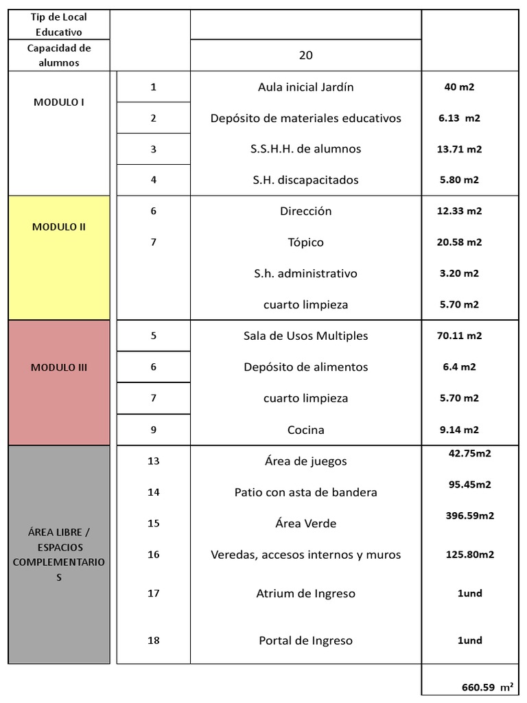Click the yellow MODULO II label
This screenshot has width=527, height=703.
point(59,227)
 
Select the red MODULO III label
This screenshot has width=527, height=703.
point(59,367)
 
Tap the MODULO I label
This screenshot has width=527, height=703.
point(59,102)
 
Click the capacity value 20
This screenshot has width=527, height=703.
point(305,56)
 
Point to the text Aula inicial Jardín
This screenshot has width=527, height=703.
point(305,87)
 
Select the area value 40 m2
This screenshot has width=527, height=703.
point(459,87)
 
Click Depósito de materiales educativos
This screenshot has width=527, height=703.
point(305,118)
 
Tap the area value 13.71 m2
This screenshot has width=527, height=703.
point(459,149)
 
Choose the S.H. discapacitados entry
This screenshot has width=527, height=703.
point(305,180)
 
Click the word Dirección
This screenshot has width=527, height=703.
point(305,211)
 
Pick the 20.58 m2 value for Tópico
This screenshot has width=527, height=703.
point(459,242)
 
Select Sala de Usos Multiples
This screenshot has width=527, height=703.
point(305,336)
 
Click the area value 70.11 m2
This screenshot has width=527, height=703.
point(459,336)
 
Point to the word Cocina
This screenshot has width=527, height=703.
point(305,430)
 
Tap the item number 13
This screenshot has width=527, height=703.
point(153,461)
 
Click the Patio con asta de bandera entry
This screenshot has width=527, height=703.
point(305,492)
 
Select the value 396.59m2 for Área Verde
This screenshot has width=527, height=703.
point(470,516)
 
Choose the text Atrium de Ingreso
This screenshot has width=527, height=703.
point(305,594)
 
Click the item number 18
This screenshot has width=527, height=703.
point(153,641)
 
